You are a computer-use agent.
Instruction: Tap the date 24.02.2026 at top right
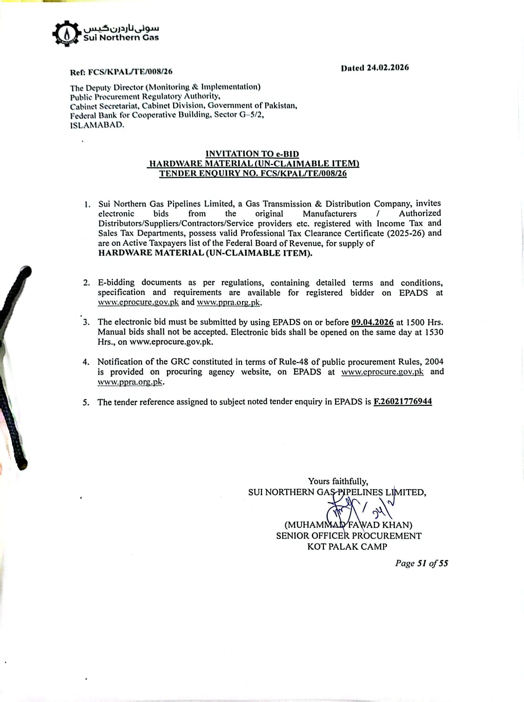tap(387, 68)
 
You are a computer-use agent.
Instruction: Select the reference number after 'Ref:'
tap(130, 72)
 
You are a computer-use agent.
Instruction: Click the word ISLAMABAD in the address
tap(97, 125)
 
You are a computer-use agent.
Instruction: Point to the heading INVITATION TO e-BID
tap(252, 154)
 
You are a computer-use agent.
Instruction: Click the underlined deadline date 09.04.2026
tap(372, 322)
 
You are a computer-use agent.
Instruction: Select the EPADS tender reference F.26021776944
tap(403, 402)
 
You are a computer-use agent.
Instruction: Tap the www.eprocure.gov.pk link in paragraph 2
tap(138, 302)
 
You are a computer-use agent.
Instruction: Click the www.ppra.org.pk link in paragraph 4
tap(130, 382)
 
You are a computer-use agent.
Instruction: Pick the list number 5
tap(86, 402)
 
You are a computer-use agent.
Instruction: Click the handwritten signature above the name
tap(358, 508)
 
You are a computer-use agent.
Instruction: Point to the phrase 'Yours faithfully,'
tap(338, 481)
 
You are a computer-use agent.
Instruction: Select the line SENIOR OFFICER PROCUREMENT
tap(349, 536)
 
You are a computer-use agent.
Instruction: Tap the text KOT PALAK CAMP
tap(347, 547)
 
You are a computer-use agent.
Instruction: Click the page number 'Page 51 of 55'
tap(421, 563)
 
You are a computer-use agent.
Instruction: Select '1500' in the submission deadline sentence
tap(415, 322)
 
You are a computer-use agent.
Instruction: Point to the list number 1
tap(87, 204)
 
